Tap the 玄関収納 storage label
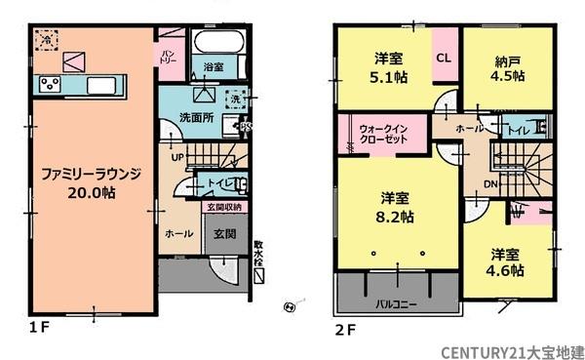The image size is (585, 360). pyautogui.click(x=225, y=207)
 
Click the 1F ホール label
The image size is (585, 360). pyautogui.click(x=178, y=234)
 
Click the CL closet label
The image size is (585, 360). pyautogui.click(x=443, y=58)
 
